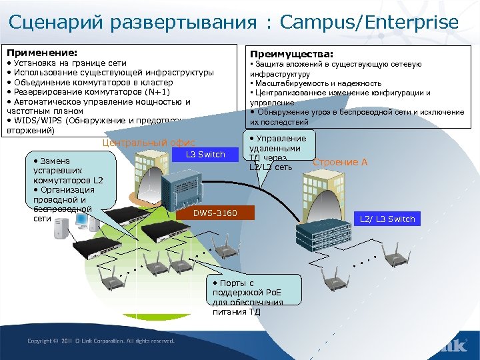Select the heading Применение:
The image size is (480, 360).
[41, 51]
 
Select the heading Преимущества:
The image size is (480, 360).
[291, 54]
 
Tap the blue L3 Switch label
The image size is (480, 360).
[207, 155]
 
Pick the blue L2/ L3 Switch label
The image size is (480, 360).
[387, 219]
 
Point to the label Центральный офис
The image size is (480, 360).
[148, 143]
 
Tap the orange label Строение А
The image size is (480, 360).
[340, 162]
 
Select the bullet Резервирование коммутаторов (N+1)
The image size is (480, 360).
[88, 92]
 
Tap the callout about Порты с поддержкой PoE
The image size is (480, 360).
[253, 297]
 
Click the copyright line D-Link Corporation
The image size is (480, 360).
[101, 341]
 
